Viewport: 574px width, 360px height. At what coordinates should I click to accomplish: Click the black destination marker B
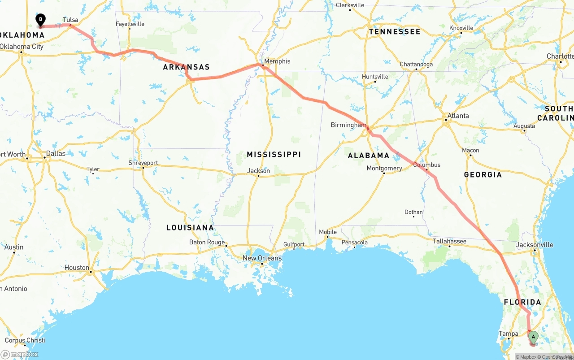point(40,20)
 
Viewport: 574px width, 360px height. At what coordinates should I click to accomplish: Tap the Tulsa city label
point(70,20)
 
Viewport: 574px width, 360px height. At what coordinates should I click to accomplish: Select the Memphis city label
point(277,61)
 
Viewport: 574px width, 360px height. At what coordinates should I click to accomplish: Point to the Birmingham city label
point(348,125)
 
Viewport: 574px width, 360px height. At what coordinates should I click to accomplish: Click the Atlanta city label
point(458,116)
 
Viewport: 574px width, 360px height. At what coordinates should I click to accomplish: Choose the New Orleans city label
point(262,258)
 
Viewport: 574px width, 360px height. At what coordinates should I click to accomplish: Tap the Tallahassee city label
point(449,241)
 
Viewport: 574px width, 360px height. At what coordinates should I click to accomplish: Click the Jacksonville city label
point(535,245)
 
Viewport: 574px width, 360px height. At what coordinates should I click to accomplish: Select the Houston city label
point(77,268)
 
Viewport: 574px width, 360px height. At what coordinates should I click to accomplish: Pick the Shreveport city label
point(143,163)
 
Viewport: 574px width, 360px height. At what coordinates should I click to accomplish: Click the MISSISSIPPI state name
point(274,154)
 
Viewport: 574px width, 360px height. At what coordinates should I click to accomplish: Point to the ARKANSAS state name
point(186,67)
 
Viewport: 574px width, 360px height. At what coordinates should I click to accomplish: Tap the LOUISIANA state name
point(190,228)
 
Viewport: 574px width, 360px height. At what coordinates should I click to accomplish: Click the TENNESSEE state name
point(395,32)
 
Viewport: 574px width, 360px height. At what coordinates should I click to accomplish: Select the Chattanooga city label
point(416,64)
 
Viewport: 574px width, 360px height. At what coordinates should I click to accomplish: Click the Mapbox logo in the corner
point(20,354)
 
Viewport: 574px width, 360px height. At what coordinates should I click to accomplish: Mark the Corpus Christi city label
point(25,340)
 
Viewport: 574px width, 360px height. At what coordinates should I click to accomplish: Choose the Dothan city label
point(413,212)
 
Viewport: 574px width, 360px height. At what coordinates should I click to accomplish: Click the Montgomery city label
point(384,169)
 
